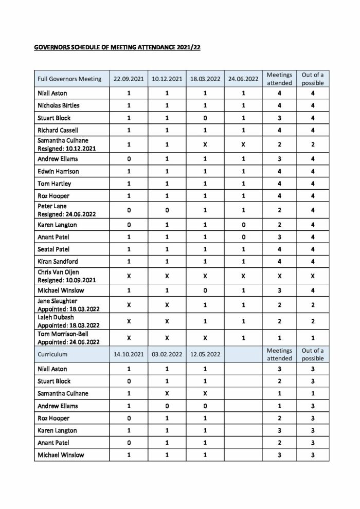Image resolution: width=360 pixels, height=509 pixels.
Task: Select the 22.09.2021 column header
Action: (129, 79)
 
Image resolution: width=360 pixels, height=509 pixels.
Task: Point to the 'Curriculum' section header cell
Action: (52, 354)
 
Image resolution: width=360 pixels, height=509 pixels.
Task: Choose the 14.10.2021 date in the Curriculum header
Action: (129, 354)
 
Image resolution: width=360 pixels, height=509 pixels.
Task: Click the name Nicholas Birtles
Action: (59, 106)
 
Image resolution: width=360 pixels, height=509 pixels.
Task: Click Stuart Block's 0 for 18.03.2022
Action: (205, 118)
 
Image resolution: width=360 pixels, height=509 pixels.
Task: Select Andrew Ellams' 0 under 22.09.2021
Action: (129, 159)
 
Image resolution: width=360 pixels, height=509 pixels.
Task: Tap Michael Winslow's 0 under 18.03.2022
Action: (205, 290)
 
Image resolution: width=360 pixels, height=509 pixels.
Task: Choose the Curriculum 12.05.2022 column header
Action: (205, 354)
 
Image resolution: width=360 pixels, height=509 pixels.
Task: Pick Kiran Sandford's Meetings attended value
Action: (279, 262)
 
